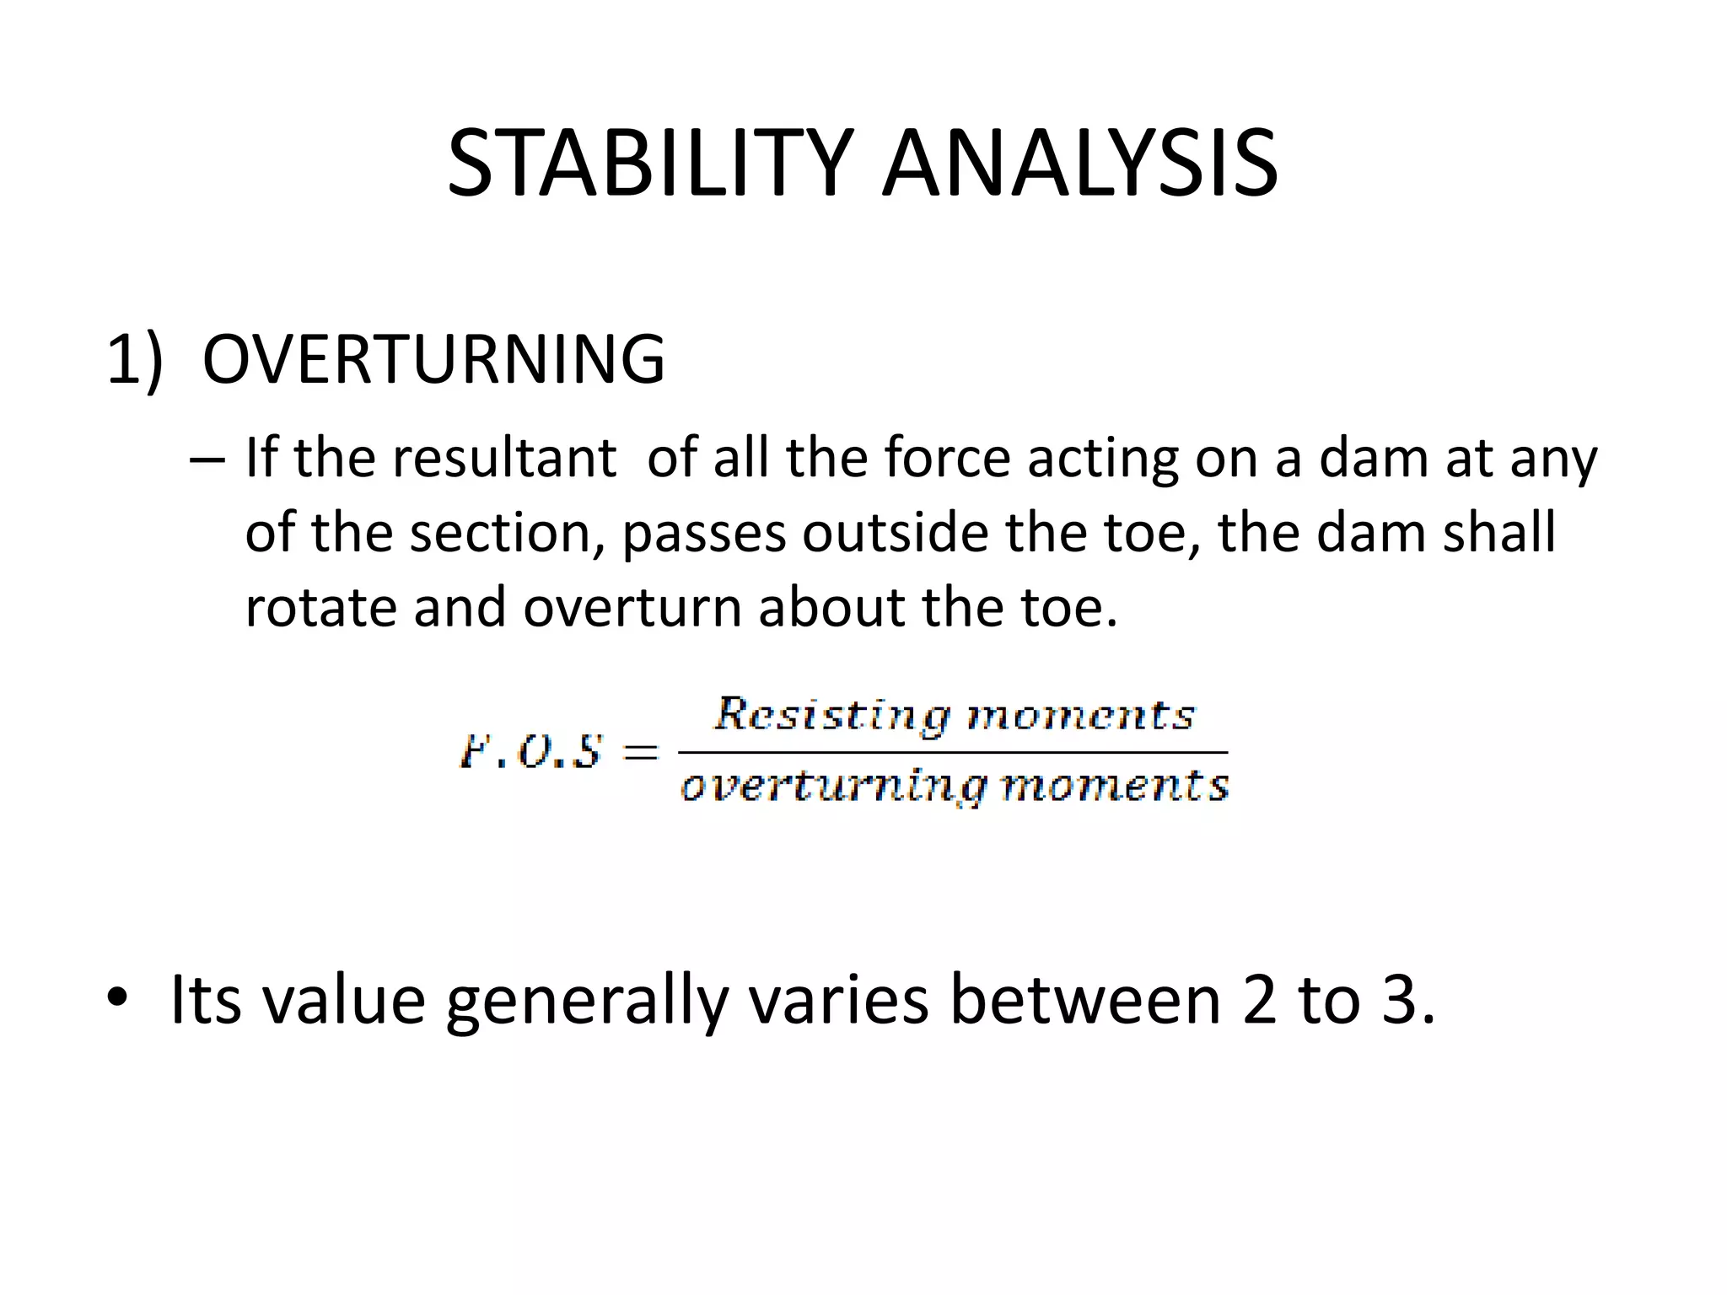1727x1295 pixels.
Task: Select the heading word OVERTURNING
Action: [433, 360]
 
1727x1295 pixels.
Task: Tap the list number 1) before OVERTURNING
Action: [133, 360]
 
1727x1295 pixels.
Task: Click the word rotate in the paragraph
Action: [320, 608]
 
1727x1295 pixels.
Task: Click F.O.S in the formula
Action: [531, 751]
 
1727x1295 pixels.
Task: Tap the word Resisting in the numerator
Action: [831, 715]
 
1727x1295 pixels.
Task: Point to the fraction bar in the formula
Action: [953, 751]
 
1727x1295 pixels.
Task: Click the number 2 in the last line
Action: [1260, 1000]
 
